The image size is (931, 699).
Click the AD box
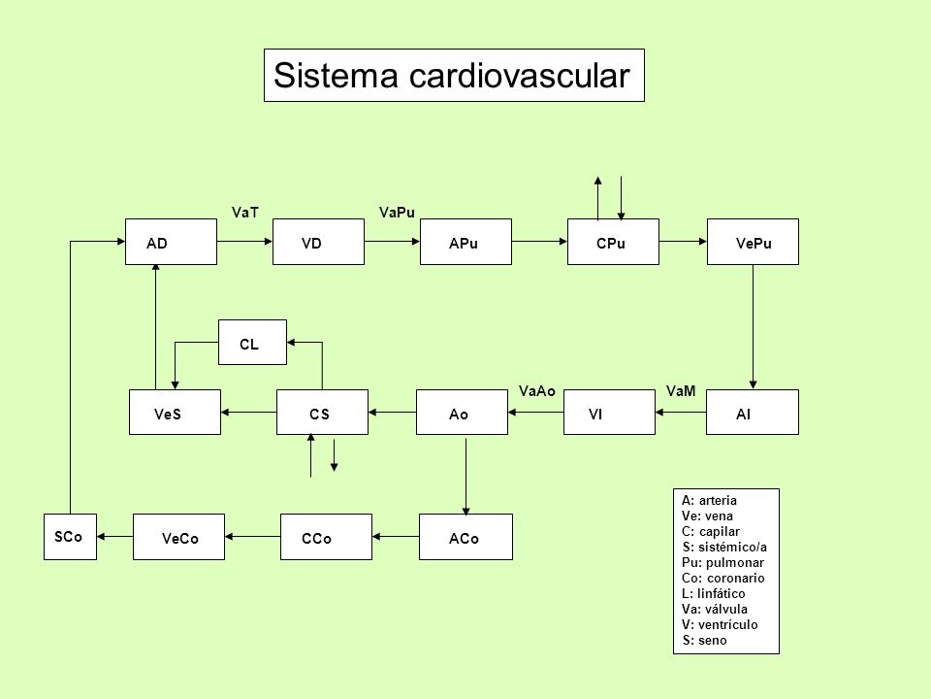coord(171,242)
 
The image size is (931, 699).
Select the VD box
coord(318,242)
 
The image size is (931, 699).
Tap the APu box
coord(465,242)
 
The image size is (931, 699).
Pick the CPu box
coord(613,242)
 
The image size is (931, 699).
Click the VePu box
coord(753,242)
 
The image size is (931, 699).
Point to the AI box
coord(753,413)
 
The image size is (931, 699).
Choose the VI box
coord(609,413)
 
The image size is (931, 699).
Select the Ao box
coord(462,413)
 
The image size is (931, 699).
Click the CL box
coord(252,343)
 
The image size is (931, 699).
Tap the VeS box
coord(176,413)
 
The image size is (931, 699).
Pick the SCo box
coord(70,537)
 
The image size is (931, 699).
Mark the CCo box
coord(326,537)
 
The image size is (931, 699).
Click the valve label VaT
coord(245,213)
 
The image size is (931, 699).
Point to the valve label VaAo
coord(536,390)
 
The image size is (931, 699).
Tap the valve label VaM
coord(681,390)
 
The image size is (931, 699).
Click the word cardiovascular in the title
coord(519,76)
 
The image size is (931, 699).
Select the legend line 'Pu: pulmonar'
coord(722,562)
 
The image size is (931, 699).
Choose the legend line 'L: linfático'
coord(713,593)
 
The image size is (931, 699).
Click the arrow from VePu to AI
coord(753,327)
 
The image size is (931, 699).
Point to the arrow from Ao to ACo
coord(466,477)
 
